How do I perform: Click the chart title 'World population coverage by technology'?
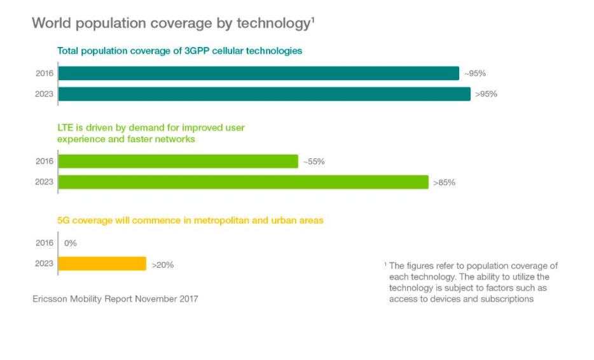(x=170, y=24)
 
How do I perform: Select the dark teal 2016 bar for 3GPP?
(x=258, y=73)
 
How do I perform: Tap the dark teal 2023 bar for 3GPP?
(x=264, y=94)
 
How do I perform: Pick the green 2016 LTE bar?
(x=178, y=162)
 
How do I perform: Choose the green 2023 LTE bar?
(x=243, y=182)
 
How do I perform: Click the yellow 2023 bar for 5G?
(x=102, y=264)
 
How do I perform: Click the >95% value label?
(x=486, y=94)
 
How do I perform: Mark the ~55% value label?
(x=314, y=162)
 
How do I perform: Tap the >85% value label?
(x=445, y=183)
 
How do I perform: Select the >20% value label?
(x=162, y=265)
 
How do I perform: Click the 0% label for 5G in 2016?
(x=70, y=243)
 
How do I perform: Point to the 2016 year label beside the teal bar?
(x=45, y=73)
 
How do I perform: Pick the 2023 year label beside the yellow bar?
(x=45, y=264)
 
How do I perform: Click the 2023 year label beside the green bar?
(x=45, y=182)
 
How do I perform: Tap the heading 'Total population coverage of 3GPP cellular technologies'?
(x=179, y=50)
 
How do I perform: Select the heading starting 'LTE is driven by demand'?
(x=151, y=133)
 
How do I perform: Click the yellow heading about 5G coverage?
(x=190, y=220)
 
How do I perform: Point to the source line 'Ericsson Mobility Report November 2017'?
(x=115, y=298)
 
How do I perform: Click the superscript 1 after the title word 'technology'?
(x=313, y=19)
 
